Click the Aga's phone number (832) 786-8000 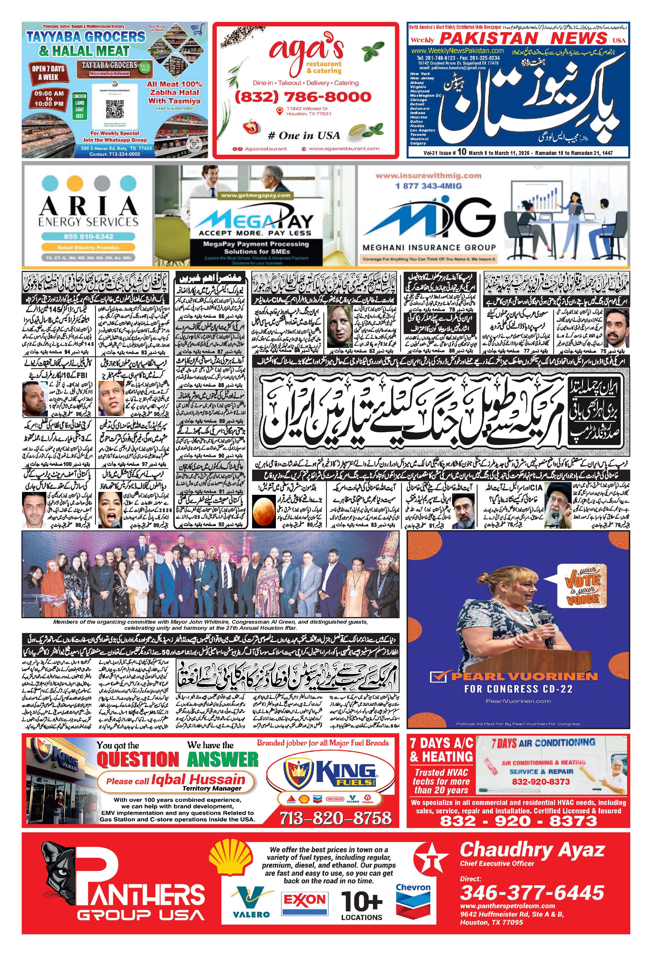pyautogui.click(x=303, y=97)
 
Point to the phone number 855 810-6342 pyautogui.click(x=88, y=236)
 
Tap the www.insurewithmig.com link pyautogui.click(x=428, y=176)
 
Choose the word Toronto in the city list pyautogui.click(x=418, y=134)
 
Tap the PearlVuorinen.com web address pyautogui.click(x=518, y=701)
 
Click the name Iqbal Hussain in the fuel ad pyautogui.click(x=198, y=779)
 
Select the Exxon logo pyautogui.click(x=304, y=899)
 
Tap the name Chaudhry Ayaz pyautogui.click(x=531, y=849)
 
